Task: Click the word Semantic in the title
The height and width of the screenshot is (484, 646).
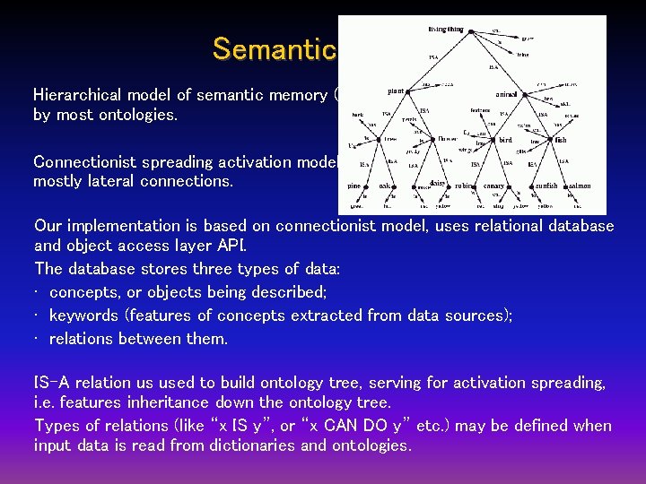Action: point(274,48)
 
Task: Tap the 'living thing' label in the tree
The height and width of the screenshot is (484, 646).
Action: point(447,30)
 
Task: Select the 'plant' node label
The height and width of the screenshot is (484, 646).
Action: point(396,91)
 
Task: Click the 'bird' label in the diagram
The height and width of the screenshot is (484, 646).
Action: point(505,140)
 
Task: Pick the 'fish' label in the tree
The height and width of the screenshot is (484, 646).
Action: point(561,140)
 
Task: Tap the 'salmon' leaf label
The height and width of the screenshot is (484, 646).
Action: point(579,186)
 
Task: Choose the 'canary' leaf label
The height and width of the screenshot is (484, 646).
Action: point(493,186)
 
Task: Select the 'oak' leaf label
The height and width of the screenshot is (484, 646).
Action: point(385,186)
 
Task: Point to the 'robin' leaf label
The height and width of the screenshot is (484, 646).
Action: point(463,186)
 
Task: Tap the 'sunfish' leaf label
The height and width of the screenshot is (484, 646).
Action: point(546,186)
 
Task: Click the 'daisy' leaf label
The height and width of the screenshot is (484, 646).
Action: point(439,183)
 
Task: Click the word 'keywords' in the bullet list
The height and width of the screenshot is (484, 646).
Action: point(84,315)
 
